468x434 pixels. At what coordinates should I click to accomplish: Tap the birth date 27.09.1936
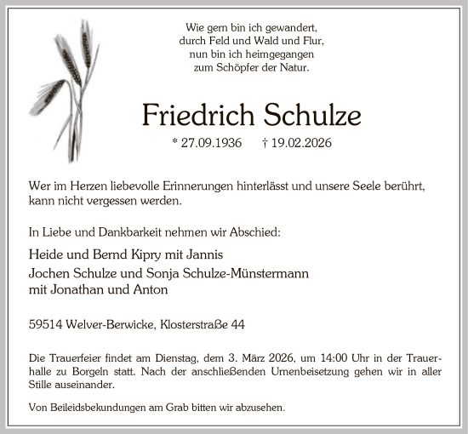[x=214, y=143]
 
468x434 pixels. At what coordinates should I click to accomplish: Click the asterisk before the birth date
[x=174, y=143]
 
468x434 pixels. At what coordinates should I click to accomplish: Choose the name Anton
[x=152, y=288]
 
